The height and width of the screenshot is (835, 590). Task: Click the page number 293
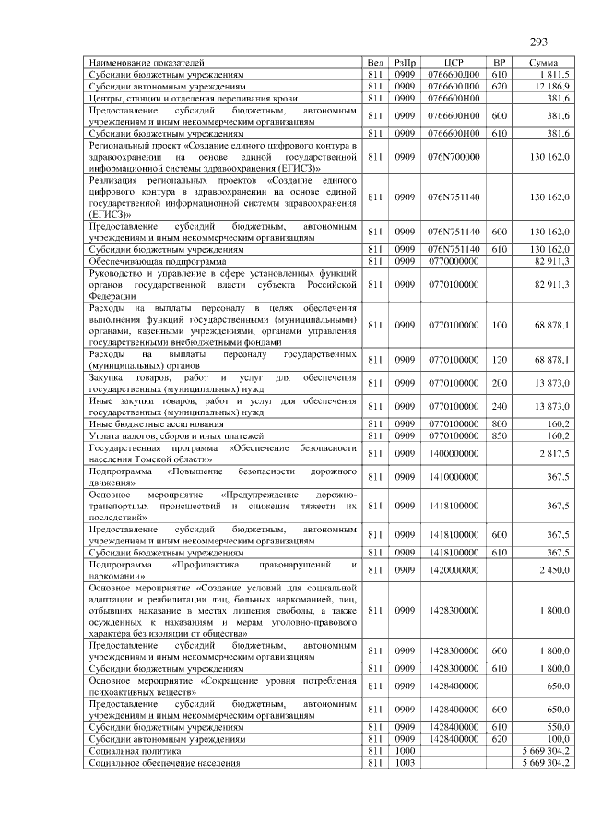[x=539, y=42]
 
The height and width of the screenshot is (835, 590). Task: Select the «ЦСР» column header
[x=452, y=62]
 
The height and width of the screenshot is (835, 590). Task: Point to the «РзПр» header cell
[x=404, y=62]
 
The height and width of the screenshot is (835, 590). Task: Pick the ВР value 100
[x=500, y=325]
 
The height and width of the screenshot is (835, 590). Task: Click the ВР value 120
[x=500, y=359]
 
